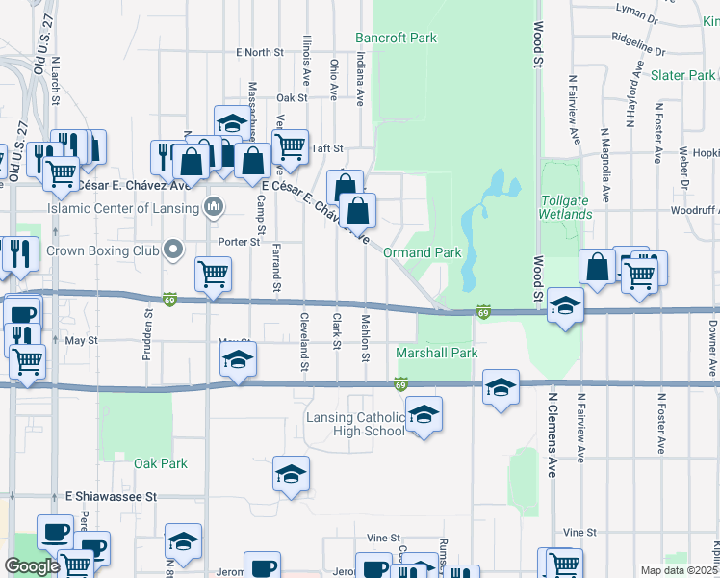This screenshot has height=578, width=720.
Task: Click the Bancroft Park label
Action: [x=396, y=39]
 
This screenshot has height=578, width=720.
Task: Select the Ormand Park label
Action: [x=423, y=252]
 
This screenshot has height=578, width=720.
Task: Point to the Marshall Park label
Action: [x=437, y=354]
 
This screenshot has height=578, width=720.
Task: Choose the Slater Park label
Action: [x=681, y=75]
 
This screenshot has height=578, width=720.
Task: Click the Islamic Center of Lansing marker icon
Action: [x=214, y=207]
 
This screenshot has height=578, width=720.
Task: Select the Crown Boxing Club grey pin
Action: [x=173, y=250]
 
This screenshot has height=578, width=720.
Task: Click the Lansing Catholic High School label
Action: [x=355, y=424]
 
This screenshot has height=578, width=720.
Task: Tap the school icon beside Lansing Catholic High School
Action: [x=422, y=414]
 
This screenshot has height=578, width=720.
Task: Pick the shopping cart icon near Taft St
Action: [x=289, y=146]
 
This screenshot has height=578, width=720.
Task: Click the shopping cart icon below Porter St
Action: [x=213, y=273]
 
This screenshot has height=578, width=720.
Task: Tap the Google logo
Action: [x=32, y=566]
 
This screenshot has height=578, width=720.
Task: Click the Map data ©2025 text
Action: [x=680, y=570]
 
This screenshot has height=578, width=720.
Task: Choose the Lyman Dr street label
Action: [x=665, y=16]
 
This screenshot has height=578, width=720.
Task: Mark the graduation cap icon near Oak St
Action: [x=232, y=122]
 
